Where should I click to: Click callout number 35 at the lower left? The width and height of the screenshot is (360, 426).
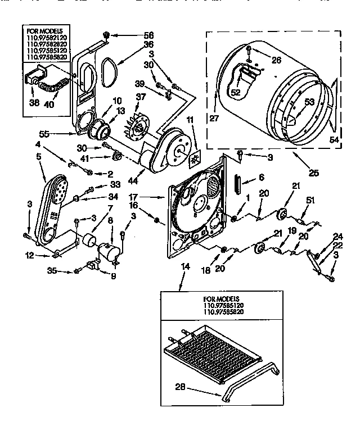click(67, 271)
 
